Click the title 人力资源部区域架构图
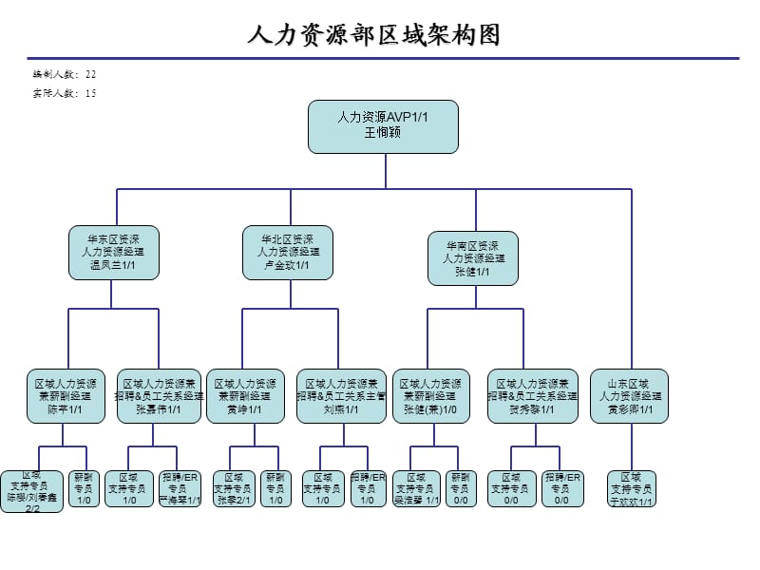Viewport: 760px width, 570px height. [x=373, y=36]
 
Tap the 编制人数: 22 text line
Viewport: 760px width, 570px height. [x=65, y=74]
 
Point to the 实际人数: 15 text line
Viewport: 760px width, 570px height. [x=65, y=93]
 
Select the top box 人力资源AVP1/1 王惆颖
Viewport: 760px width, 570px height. [x=383, y=126]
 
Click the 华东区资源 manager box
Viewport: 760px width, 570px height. [x=114, y=252]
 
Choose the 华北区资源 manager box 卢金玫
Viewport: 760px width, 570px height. [x=289, y=252]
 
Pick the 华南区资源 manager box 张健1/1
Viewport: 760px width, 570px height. [x=473, y=257]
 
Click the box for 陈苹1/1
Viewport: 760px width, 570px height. [x=66, y=396]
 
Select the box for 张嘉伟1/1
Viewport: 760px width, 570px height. [x=159, y=396]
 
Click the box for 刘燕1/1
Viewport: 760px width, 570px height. [x=341, y=396]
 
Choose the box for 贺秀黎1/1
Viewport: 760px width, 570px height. [x=532, y=396]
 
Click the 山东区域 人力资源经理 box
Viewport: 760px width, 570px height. [x=629, y=396]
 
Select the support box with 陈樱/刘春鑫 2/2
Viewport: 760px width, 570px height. [x=32, y=491]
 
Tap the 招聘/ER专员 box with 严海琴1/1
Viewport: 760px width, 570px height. [x=180, y=488]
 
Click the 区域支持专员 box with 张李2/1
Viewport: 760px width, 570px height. [x=234, y=488]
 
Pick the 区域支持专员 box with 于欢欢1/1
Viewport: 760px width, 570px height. [x=630, y=488]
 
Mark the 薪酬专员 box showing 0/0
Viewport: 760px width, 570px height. [x=461, y=488]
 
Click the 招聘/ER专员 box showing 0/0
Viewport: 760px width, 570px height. [x=561, y=488]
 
